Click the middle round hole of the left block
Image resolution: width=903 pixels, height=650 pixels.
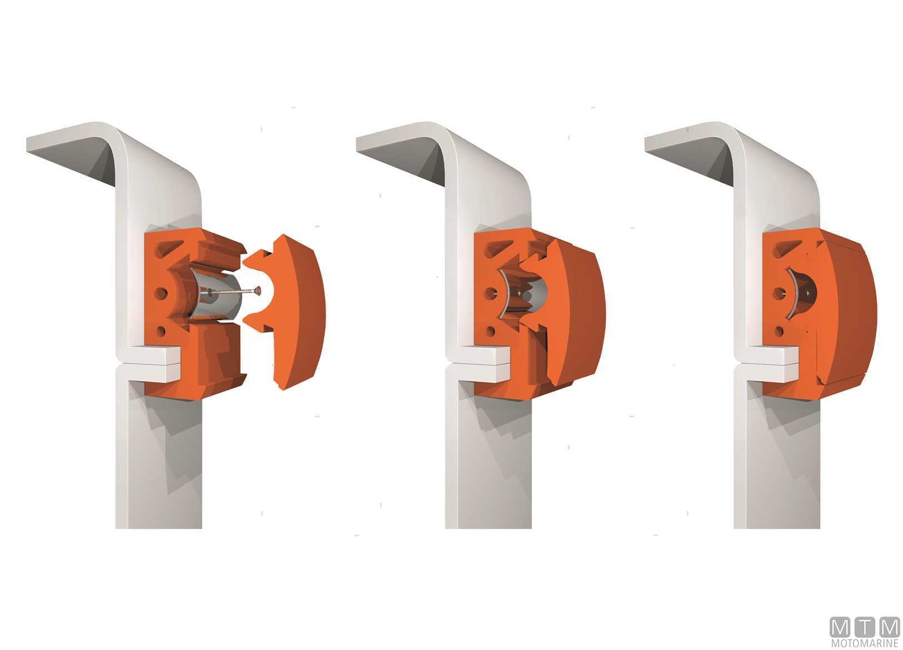[161, 293]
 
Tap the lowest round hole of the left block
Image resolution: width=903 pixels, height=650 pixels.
[161, 332]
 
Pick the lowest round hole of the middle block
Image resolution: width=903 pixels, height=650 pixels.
[491, 332]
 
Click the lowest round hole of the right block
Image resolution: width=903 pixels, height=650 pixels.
[779, 332]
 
